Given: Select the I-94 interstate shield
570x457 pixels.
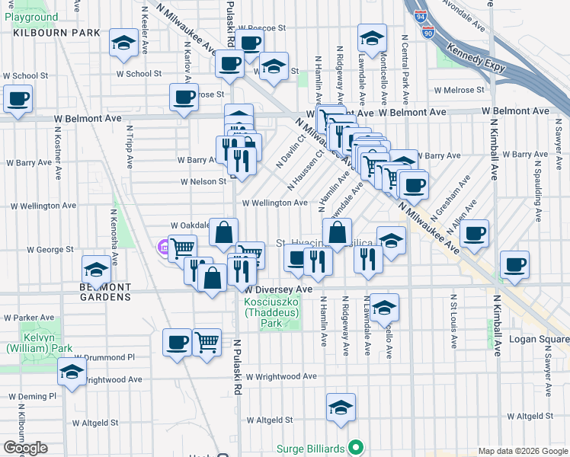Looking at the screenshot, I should click(x=421, y=14).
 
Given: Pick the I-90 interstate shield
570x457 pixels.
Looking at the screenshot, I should click(x=427, y=33).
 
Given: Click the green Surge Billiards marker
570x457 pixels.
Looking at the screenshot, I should click(x=354, y=447).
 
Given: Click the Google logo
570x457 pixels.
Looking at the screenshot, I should click(x=24, y=449).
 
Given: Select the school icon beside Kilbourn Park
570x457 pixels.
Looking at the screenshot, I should click(x=123, y=44).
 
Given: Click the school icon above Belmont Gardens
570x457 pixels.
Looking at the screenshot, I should click(x=96, y=268).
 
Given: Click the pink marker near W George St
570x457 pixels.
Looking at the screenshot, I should click(x=162, y=246).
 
